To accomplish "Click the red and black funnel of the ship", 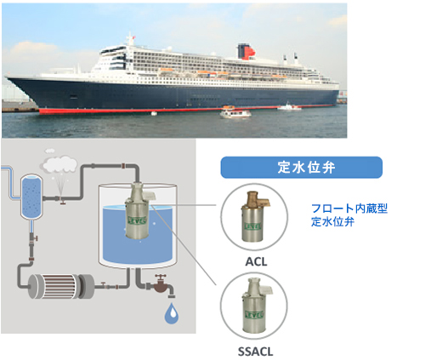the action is click(x=246, y=52).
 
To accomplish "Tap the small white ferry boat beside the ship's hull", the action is click(x=235, y=113).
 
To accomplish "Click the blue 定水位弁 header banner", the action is click(x=302, y=168).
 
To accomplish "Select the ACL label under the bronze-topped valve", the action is click(x=256, y=261).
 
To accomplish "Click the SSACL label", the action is click(x=256, y=351).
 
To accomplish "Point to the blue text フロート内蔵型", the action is click(x=349, y=209).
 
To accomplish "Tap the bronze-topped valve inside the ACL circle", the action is click(x=254, y=217).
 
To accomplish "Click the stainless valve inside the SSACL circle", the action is click(x=255, y=306).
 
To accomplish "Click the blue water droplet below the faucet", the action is click(x=172, y=313).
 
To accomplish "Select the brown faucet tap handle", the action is click(x=161, y=277).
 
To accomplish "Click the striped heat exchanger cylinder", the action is click(x=61, y=286).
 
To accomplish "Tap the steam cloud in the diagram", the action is click(x=60, y=164).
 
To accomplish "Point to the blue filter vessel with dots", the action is click(x=31, y=197).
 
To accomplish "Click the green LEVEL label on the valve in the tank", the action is click(x=137, y=220).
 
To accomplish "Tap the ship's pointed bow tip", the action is click(x=6, y=77).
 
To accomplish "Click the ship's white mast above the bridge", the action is click(x=130, y=39).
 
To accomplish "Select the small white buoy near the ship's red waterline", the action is click(x=154, y=113).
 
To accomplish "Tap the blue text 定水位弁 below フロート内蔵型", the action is click(x=332, y=221).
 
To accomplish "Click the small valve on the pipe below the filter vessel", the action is click(x=33, y=238).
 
